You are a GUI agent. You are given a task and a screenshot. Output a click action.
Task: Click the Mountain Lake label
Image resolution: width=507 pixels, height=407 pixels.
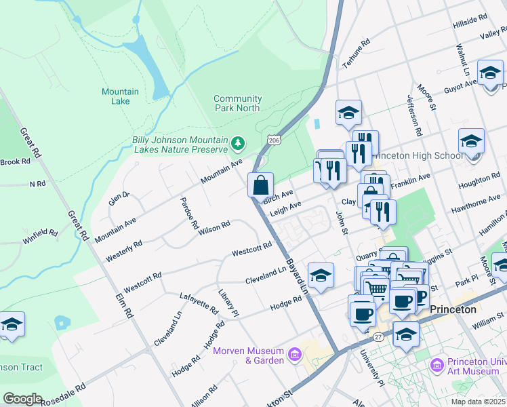(x=120, y=96)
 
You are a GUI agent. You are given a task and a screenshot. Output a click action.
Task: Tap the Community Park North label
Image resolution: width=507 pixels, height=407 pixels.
(x=237, y=103)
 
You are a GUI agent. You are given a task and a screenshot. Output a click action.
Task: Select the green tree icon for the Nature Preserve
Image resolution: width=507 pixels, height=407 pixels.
(x=237, y=143)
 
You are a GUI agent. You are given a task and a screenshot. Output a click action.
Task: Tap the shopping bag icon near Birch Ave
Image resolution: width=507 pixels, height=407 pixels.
(x=261, y=185)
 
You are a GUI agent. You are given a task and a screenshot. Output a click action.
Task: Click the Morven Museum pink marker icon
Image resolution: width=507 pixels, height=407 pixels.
(x=294, y=354)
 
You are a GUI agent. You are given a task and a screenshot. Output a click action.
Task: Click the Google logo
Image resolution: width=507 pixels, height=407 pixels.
(x=22, y=399)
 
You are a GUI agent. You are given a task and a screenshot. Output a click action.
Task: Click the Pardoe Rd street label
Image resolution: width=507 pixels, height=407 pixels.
(x=189, y=212)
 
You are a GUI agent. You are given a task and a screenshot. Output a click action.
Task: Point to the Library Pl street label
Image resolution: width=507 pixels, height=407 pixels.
(x=228, y=303)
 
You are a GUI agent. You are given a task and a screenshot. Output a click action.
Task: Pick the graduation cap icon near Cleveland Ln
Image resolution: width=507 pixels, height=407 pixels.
(x=321, y=275)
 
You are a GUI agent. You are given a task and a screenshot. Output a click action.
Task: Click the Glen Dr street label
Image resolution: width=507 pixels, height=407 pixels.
(x=119, y=199)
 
